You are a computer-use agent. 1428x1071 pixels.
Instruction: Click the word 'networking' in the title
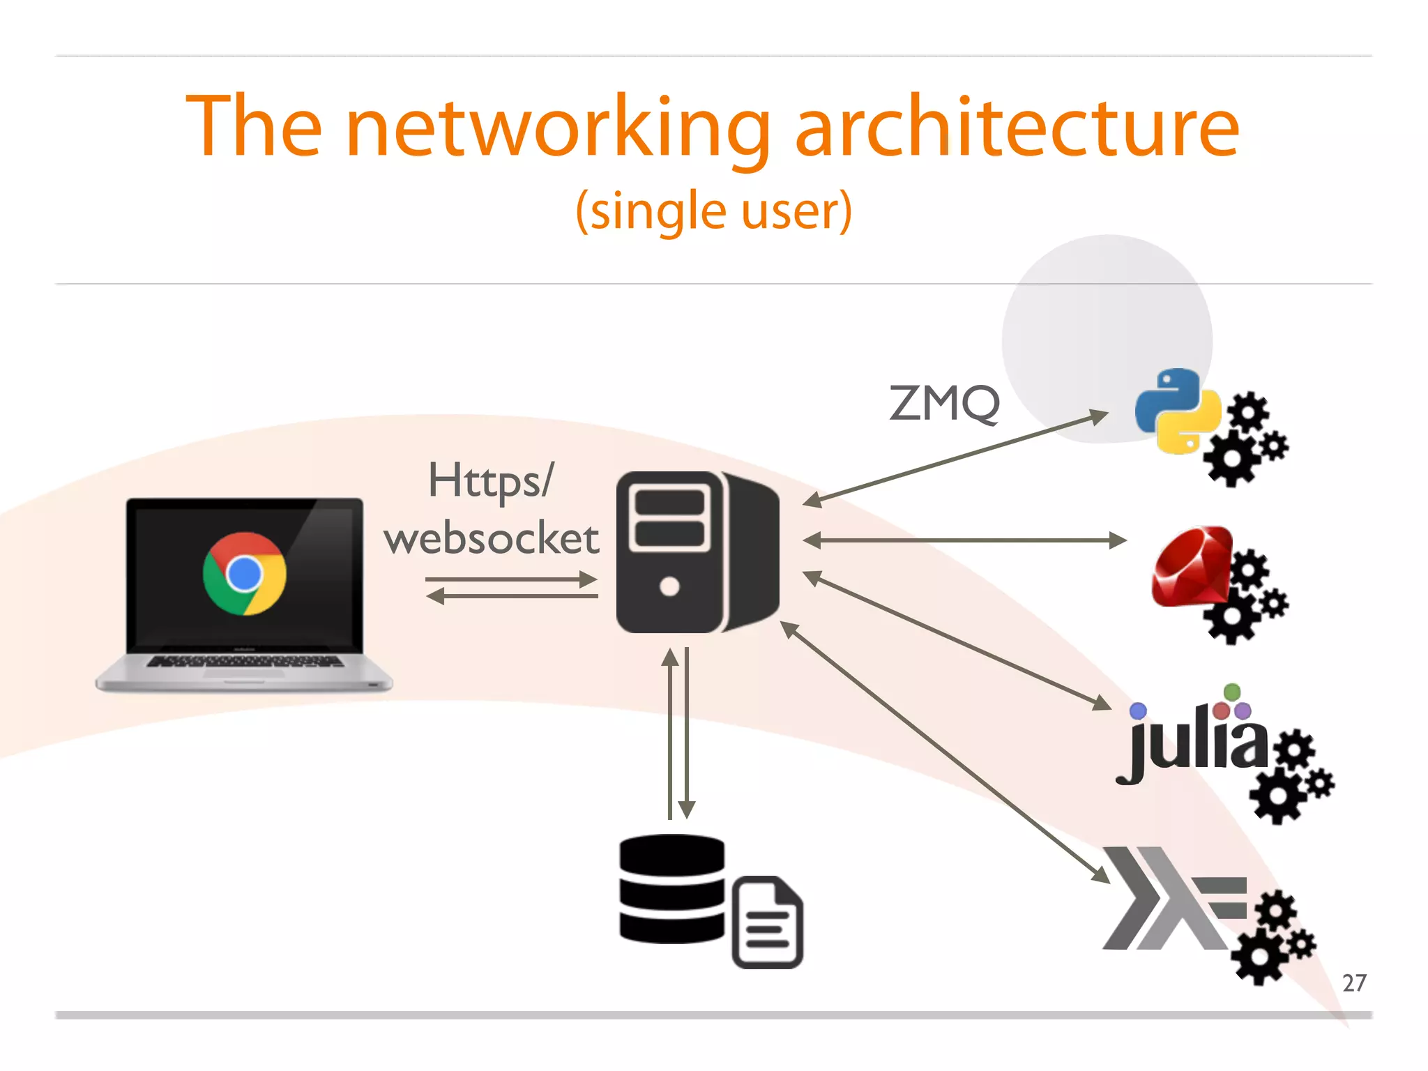[x=558, y=129]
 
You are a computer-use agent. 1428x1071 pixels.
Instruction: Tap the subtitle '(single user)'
[x=713, y=211]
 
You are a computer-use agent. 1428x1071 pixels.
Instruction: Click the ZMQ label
[x=944, y=404]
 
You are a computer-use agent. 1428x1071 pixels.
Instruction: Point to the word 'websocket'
[x=492, y=539]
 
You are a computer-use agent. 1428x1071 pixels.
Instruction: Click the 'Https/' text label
[x=491, y=481]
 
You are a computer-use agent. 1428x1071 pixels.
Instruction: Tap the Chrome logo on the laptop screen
[x=244, y=573]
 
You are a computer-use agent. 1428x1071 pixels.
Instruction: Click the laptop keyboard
[x=244, y=661]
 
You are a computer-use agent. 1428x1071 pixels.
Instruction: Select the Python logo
[x=1177, y=411]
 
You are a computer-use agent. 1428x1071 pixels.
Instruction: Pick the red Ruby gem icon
[x=1191, y=566]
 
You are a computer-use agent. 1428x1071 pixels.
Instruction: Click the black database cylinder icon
[x=672, y=889]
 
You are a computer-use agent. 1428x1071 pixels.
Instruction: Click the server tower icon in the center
[x=697, y=552]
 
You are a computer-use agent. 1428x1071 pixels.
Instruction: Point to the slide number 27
[x=1353, y=983]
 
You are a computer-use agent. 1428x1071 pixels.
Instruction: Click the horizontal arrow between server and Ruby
[x=964, y=540]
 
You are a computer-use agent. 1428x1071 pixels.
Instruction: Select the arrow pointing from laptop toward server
[x=510, y=579]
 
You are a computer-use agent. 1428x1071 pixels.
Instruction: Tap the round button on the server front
[x=669, y=586]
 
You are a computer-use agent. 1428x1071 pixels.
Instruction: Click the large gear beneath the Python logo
[x=1231, y=459]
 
